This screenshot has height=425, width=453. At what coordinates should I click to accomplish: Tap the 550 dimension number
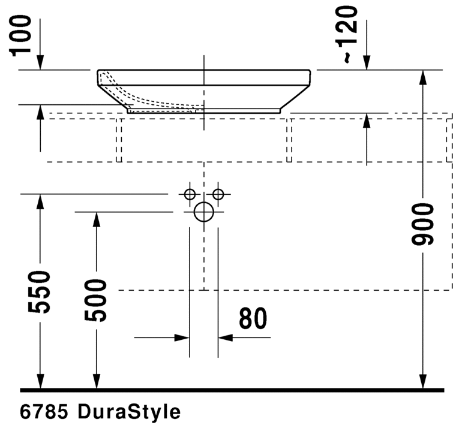(x=40, y=292)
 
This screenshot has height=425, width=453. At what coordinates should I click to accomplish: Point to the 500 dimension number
(x=95, y=300)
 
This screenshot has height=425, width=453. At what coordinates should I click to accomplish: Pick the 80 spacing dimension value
(x=253, y=319)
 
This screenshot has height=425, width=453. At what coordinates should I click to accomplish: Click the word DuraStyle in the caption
(x=129, y=412)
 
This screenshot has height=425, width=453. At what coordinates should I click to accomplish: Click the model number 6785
(x=46, y=412)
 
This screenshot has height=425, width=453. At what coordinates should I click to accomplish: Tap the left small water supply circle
(x=190, y=194)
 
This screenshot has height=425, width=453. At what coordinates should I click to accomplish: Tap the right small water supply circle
(x=218, y=194)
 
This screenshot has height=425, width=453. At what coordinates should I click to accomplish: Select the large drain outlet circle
(x=204, y=212)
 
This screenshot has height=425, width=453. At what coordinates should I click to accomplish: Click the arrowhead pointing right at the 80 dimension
(x=182, y=338)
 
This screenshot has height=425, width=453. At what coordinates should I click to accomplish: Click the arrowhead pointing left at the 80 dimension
(x=225, y=338)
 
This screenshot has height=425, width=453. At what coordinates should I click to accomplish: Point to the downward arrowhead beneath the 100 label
(x=40, y=62)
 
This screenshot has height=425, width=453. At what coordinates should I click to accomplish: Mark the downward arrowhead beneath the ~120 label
(x=367, y=62)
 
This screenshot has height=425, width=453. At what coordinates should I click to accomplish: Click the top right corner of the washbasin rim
(x=309, y=71)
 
